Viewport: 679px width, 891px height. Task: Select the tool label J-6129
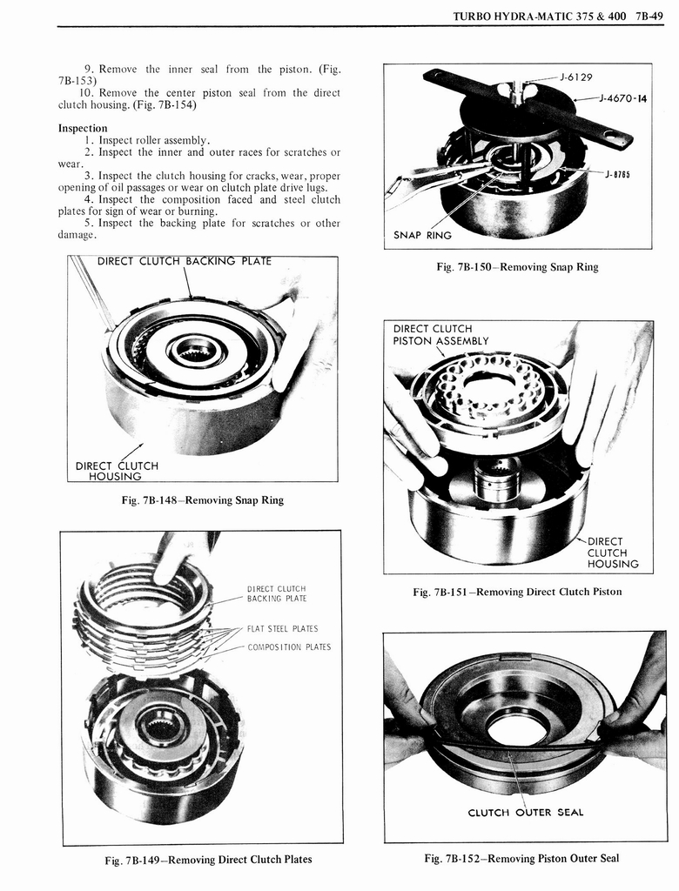[x=576, y=77]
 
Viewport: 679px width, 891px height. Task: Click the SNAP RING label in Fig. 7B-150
[x=423, y=235]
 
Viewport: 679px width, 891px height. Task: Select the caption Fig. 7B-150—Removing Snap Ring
[x=517, y=267]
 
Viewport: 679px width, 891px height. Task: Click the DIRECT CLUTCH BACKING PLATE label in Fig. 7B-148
[x=184, y=261]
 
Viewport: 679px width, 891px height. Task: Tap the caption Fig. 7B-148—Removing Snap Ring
[x=203, y=500]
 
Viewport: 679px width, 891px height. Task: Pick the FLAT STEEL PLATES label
[x=283, y=628]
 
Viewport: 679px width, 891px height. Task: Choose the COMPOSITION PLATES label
[x=289, y=646]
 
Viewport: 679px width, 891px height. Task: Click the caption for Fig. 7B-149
[x=208, y=860]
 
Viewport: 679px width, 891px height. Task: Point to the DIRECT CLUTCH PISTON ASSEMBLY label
[x=440, y=335]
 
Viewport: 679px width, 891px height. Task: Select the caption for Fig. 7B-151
[x=517, y=593]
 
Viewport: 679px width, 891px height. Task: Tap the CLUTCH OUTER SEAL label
[x=526, y=813]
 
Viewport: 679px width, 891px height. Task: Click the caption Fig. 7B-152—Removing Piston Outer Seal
[x=521, y=859]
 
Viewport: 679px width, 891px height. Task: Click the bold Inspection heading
[x=82, y=128]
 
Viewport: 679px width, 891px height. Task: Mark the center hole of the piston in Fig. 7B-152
[x=517, y=729]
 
